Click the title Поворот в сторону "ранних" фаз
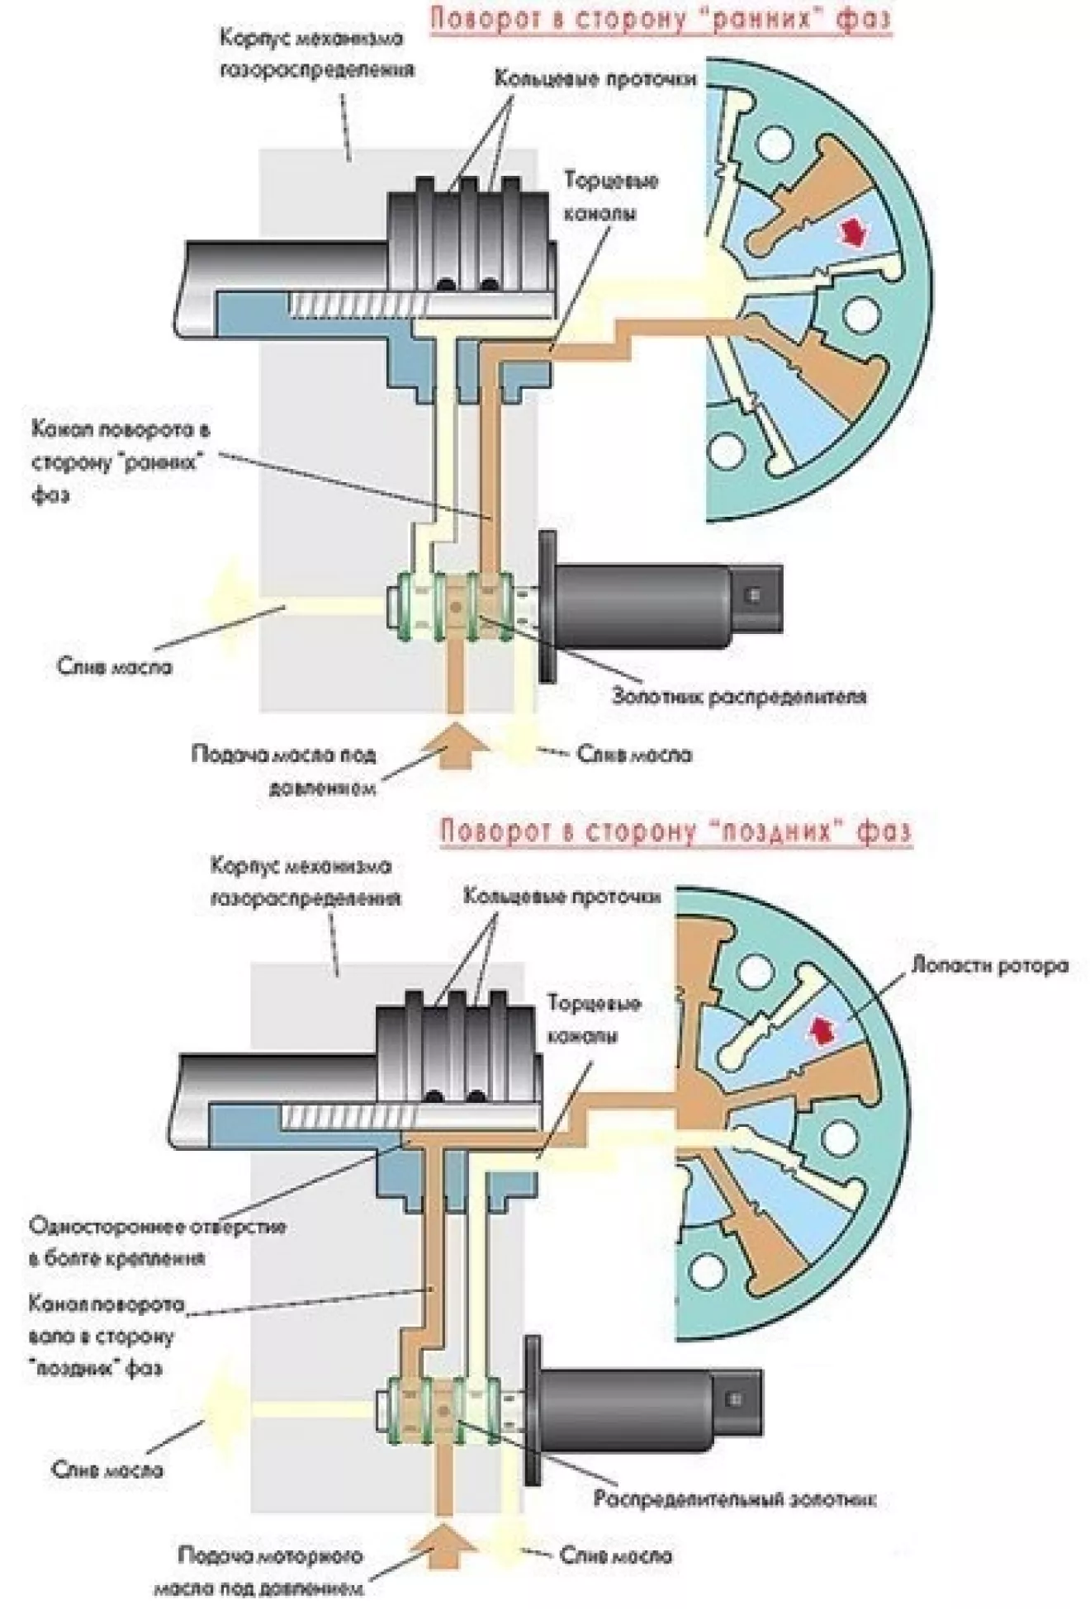(x=661, y=18)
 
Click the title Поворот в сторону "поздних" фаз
(x=675, y=830)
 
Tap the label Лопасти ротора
(x=989, y=965)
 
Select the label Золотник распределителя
(x=739, y=696)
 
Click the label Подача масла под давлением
(x=283, y=770)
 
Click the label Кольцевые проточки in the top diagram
(x=595, y=78)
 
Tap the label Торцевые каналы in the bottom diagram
(x=593, y=1020)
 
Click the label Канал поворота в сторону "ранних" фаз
(x=120, y=461)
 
